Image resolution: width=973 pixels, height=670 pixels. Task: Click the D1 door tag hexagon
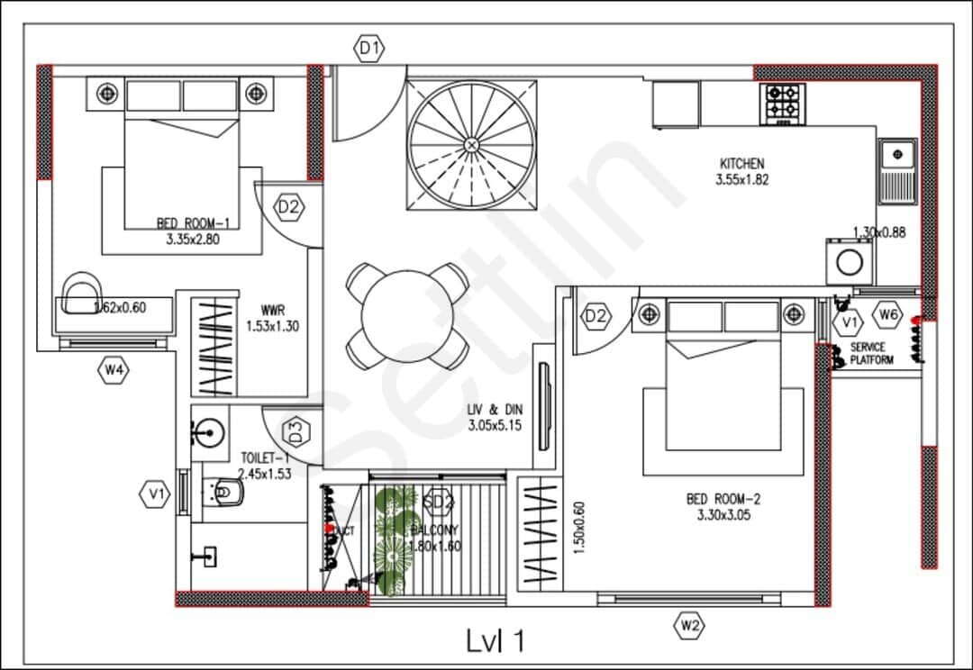(x=369, y=50)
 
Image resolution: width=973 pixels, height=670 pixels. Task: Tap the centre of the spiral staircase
(x=470, y=144)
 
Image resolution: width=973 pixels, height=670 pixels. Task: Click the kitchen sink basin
(x=897, y=156)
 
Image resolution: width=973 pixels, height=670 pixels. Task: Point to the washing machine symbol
(x=848, y=262)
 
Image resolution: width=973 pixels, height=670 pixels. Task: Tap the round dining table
(x=408, y=316)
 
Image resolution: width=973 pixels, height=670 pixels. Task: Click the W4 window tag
(x=114, y=370)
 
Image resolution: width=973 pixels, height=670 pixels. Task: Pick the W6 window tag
(x=888, y=315)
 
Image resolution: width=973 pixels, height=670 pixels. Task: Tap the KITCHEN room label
(x=742, y=164)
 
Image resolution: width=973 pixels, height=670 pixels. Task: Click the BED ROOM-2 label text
(x=723, y=500)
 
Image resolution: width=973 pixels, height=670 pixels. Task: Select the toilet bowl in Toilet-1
(x=224, y=492)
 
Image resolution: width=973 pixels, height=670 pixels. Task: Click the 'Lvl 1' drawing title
(x=496, y=641)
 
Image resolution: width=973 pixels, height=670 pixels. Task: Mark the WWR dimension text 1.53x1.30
(x=272, y=326)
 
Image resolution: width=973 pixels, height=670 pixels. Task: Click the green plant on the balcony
(x=395, y=540)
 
